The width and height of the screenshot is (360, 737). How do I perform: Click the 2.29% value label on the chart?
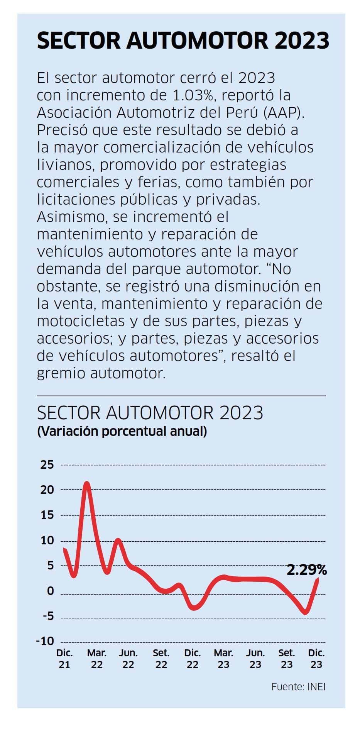point(306,570)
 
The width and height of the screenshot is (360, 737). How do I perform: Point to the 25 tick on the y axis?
point(47,464)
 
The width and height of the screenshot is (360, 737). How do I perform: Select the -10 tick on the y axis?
point(45,641)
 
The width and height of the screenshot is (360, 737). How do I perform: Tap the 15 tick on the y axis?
point(47,515)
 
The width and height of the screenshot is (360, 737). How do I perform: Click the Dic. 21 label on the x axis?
point(64,659)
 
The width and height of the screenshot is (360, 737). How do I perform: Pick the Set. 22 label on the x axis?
point(161,659)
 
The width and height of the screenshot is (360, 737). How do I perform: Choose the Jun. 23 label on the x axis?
point(255,659)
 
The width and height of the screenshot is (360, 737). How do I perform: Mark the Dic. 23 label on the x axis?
point(316,659)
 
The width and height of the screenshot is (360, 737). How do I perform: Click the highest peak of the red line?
point(87,483)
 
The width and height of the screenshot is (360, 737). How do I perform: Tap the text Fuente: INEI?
point(298,687)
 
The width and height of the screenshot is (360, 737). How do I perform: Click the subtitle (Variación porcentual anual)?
point(122,431)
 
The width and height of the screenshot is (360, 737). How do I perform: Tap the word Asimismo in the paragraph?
point(71,217)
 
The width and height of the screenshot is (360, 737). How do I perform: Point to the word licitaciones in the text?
point(76,199)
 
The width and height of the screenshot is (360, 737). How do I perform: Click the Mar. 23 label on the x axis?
point(223,659)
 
